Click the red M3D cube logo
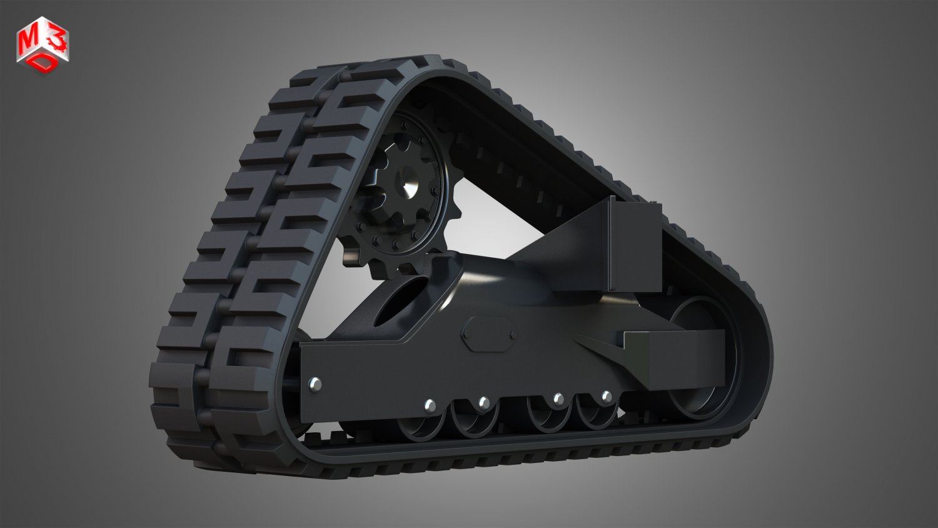tap(43, 46)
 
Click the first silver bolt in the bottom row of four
tap(430, 406)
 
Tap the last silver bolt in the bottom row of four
tap(606, 397)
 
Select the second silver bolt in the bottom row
tap(483, 403)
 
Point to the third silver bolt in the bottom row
tap(558, 399)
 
